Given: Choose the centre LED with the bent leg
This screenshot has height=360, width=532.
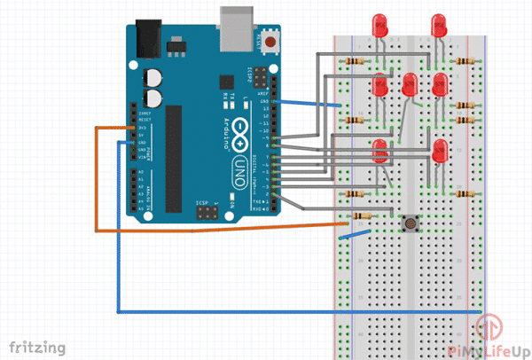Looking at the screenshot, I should pos(410,85).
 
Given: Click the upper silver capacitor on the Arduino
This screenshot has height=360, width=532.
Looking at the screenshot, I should pos(154,78).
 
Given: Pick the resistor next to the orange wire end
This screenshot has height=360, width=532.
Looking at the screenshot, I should pos(360,215).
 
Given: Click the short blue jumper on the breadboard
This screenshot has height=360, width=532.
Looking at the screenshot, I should pos(357,236).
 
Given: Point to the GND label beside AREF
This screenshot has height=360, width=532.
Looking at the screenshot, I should pos(264,102).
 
